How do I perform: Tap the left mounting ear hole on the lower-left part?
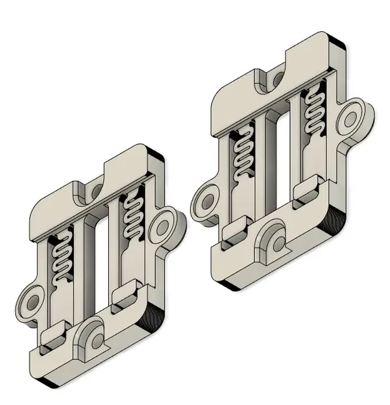pyautogui.click(x=30, y=303)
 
